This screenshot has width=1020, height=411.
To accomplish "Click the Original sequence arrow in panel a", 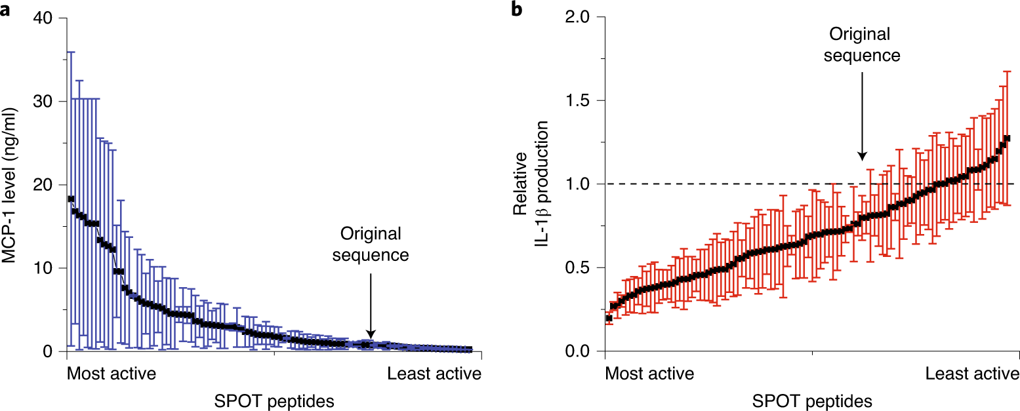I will coord(371,305).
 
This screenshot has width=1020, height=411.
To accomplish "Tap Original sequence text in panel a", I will coord(370,245).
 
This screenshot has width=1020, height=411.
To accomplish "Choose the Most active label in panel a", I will coord(112,375).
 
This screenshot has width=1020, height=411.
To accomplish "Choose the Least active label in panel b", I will coord(971,375).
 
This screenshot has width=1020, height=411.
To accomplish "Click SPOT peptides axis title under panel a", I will coord(274,400).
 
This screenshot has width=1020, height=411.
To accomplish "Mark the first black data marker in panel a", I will coord(71,199).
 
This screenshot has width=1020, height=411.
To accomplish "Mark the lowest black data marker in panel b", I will coord(609,318).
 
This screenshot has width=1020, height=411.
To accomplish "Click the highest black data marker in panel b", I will coord(1007,138).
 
